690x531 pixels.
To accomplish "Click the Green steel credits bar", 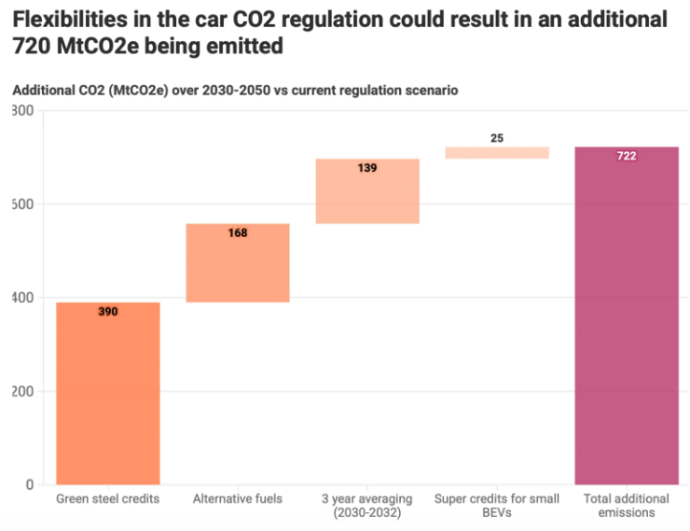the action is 108,393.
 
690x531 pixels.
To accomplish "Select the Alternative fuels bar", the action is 238,263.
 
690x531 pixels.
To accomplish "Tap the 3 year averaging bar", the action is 367,191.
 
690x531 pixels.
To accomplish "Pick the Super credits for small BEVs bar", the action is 497,152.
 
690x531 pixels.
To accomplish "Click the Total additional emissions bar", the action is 627,315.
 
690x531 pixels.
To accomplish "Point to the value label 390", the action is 108,312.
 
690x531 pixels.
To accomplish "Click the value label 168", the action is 238,233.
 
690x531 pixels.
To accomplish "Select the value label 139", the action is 367,168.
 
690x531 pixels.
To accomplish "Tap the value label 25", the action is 497,138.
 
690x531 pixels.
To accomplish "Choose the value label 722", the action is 627,156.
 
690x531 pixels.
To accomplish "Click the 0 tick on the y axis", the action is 30,484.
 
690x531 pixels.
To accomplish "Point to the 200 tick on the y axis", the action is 23,391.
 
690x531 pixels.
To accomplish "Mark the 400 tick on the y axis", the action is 23,298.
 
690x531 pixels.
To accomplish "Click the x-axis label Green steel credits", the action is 108,499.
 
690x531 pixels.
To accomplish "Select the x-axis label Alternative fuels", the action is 238,499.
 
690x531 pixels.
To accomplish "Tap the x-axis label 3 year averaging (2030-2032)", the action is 367,506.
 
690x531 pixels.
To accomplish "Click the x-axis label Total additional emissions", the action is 627,506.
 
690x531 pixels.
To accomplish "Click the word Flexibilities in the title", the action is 70,19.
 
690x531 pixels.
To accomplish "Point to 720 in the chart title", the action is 31,46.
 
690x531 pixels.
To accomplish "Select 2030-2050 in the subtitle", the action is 236,91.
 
